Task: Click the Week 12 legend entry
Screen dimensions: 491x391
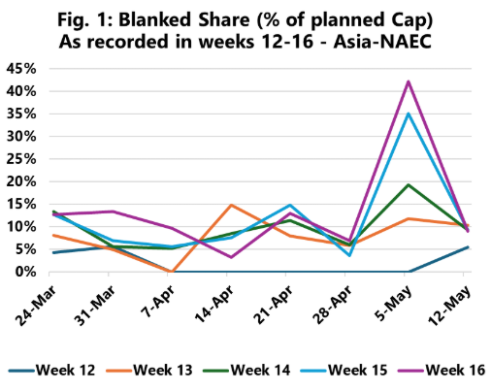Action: click(x=51, y=370)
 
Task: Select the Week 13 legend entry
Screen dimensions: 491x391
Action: click(x=149, y=370)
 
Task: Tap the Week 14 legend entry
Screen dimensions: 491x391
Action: click(x=246, y=370)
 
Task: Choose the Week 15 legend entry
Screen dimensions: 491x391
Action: click(x=344, y=370)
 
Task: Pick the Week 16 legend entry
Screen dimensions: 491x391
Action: click(x=442, y=370)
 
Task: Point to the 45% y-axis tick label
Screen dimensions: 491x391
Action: click(x=21, y=69)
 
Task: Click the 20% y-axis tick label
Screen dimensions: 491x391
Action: click(x=21, y=181)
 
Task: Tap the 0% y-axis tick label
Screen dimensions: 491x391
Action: click(x=25, y=272)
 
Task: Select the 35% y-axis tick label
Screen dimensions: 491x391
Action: click(x=21, y=114)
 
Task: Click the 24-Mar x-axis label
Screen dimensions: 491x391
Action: click(x=36, y=306)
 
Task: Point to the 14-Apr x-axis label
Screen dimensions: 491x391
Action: click(x=214, y=305)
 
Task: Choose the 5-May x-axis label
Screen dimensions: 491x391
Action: click(x=395, y=304)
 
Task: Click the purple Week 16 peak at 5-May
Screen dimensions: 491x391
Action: click(x=409, y=81)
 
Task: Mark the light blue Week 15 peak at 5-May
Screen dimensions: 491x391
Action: click(x=409, y=114)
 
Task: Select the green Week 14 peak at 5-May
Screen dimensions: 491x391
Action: click(x=409, y=184)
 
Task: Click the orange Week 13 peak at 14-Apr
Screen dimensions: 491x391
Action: click(x=231, y=205)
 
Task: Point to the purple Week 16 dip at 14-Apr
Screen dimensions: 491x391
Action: click(x=231, y=257)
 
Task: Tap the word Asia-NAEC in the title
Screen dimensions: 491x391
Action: click(x=382, y=42)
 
